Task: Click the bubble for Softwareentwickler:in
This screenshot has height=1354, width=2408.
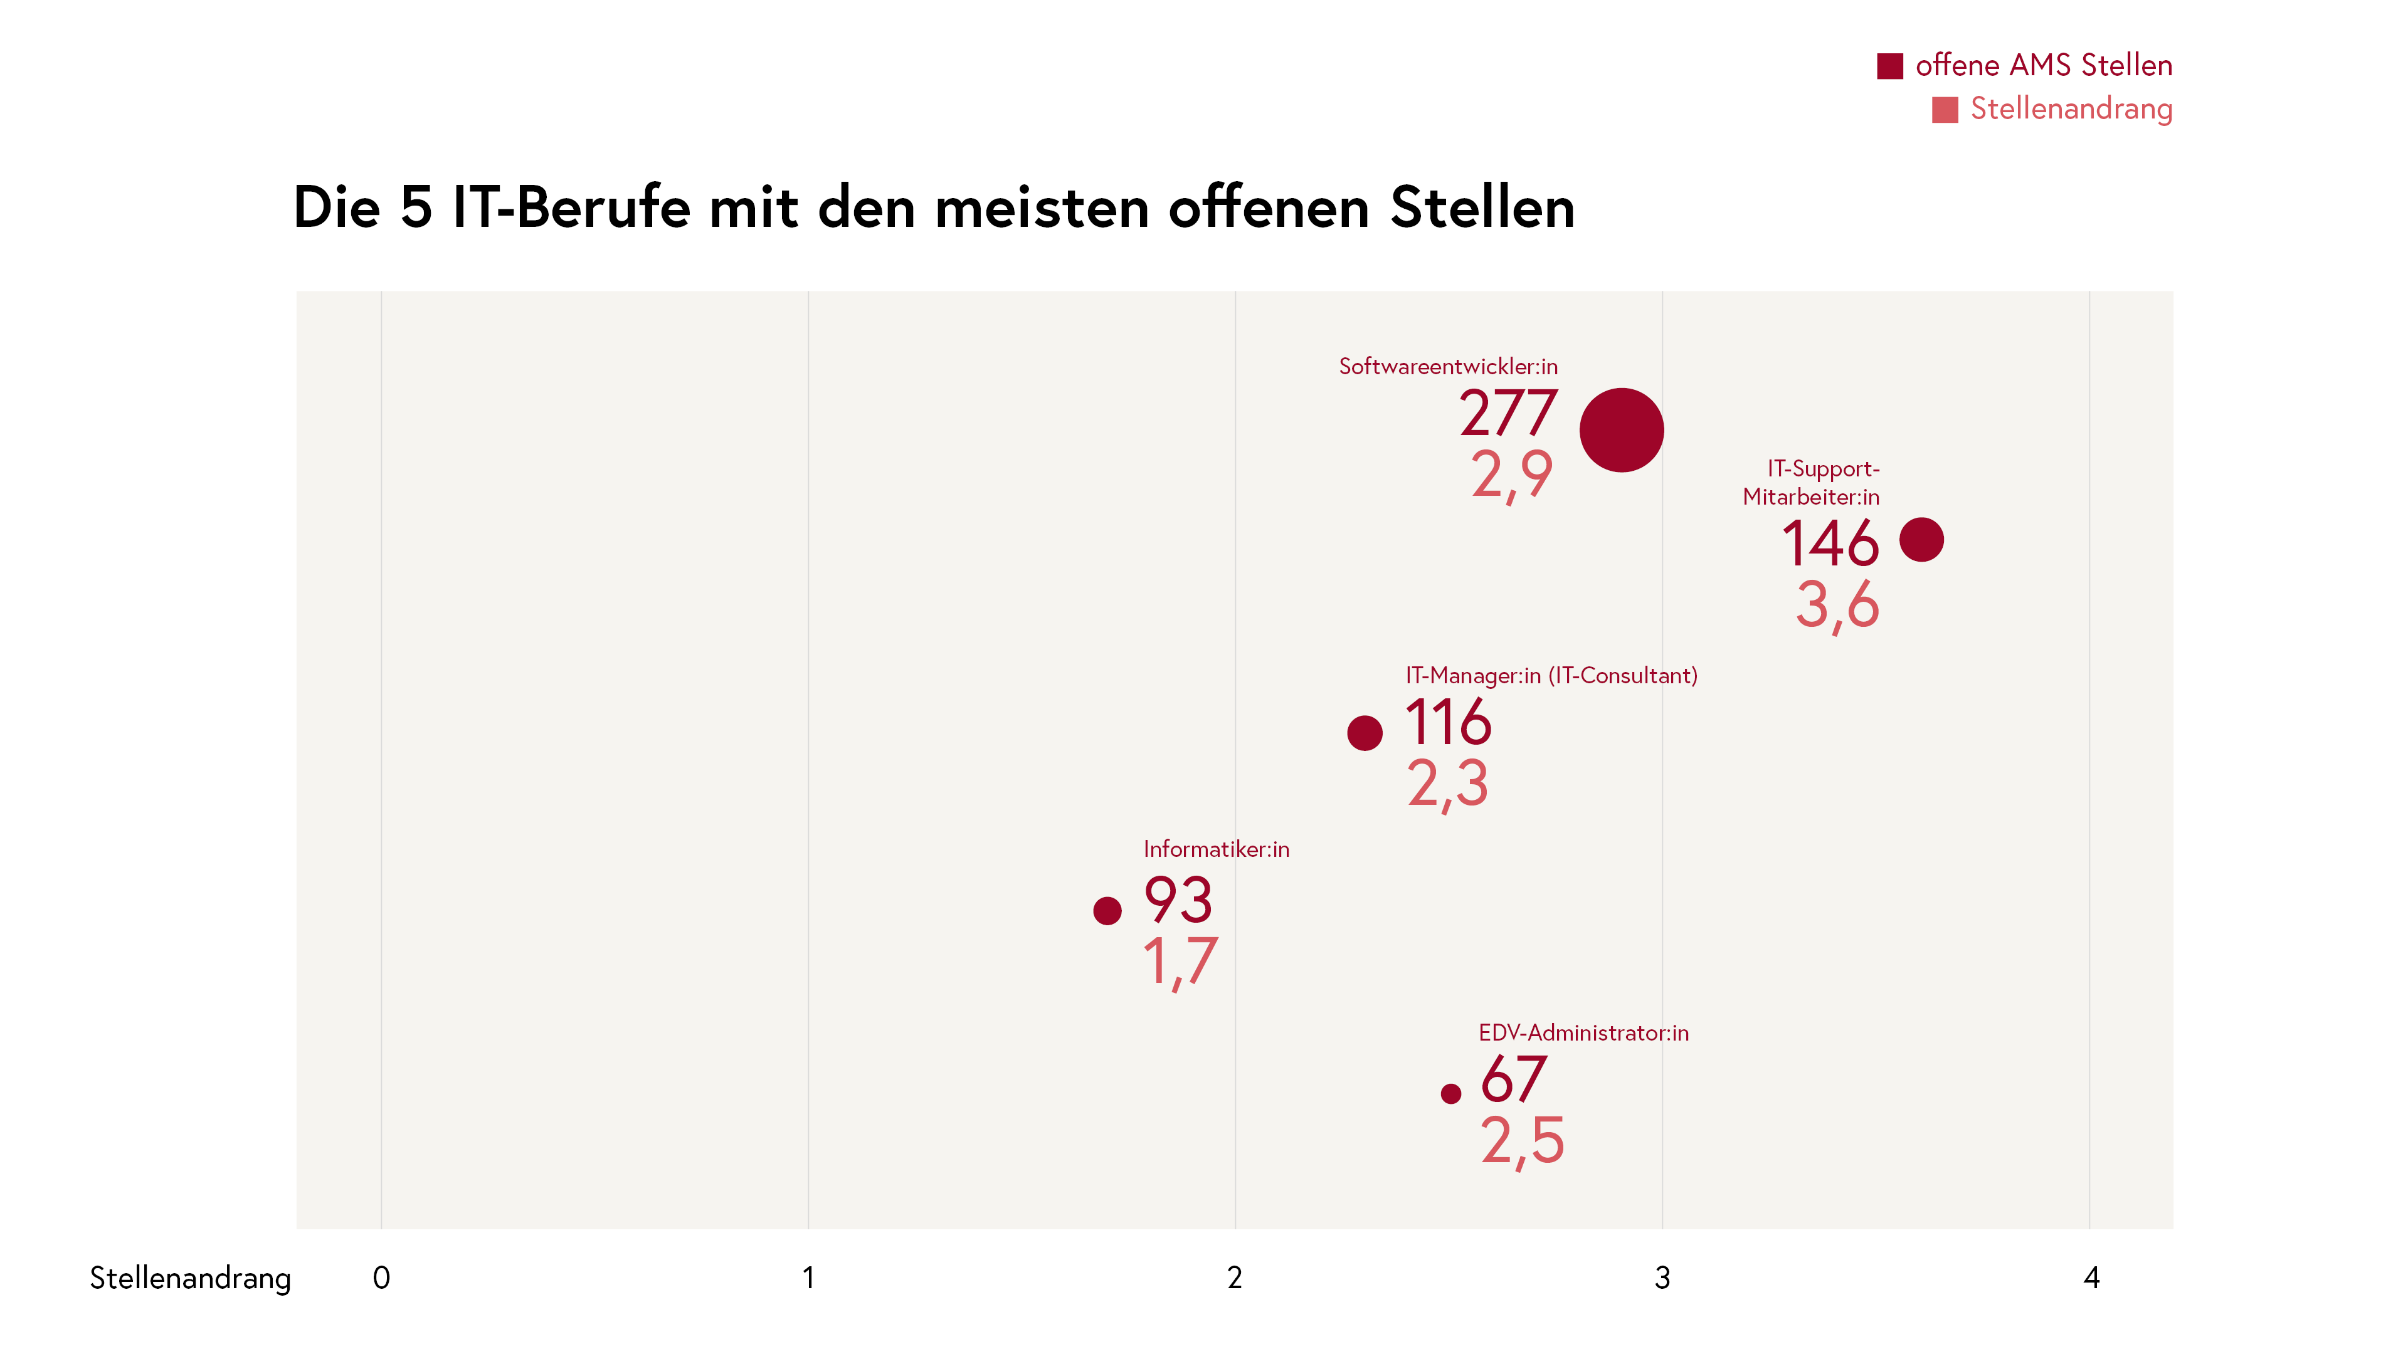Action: pos(1621,430)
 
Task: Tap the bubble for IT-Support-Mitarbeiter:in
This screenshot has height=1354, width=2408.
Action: pos(1921,539)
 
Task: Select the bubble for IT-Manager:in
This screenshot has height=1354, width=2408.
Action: pos(1364,733)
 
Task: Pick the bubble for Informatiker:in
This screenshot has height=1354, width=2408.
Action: pos(1107,910)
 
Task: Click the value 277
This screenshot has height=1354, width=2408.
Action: pos(1508,413)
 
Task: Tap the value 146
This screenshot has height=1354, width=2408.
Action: pos(1829,544)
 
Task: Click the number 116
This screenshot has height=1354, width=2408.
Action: pos(1448,722)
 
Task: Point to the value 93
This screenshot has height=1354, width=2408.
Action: pos(1178,900)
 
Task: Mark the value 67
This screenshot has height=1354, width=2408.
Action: pos(1513,1079)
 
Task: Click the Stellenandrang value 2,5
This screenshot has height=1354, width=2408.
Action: pos(1522,1140)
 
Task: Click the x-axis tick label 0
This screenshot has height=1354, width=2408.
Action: pos(381,1278)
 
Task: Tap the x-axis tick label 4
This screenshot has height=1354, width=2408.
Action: pos(2091,1278)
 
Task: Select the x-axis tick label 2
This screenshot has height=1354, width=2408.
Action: pos(1235,1278)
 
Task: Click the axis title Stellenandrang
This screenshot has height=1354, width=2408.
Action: pos(190,1278)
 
